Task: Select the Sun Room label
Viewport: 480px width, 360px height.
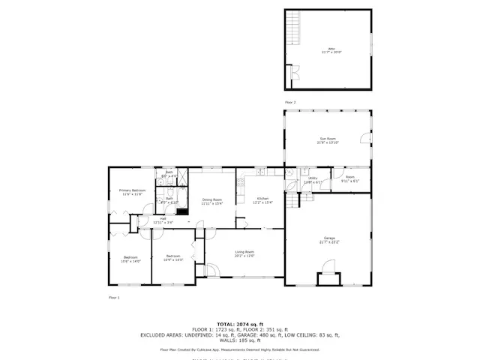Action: pos(328,140)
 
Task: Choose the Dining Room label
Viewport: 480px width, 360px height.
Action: pos(212,201)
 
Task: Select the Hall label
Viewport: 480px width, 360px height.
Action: pos(163,220)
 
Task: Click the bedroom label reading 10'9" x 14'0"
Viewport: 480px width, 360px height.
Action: pos(174,258)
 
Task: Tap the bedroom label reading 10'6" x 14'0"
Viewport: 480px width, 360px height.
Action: pos(131,259)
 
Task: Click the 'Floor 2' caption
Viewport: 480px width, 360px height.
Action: pos(290,102)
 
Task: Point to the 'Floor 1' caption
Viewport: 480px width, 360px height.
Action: pos(114,298)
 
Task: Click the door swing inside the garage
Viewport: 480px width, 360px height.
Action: pos(328,266)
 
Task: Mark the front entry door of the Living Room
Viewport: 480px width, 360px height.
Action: pos(211,271)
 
